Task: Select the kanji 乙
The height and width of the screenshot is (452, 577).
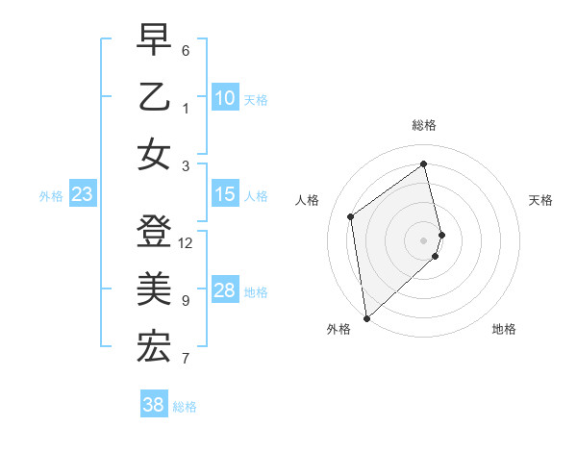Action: (154, 98)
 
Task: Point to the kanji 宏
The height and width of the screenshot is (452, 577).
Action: (154, 346)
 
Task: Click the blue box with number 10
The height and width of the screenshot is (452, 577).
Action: (224, 98)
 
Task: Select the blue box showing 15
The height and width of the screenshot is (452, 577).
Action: (224, 194)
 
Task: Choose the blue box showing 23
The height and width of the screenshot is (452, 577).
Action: (83, 194)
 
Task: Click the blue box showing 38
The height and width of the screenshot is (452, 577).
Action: (153, 405)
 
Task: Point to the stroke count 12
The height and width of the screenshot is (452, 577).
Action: (186, 243)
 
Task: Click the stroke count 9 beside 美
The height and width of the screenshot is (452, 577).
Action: (186, 301)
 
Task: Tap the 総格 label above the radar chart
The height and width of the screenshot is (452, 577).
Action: (424, 125)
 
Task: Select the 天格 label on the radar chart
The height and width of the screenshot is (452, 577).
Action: (540, 200)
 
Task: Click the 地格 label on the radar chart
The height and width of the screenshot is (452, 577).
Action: (504, 329)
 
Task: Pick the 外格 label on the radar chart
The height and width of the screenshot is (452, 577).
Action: (338, 329)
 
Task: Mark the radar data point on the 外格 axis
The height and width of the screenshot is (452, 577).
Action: (365, 317)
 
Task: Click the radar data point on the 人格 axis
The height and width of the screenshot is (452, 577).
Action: (351, 216)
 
